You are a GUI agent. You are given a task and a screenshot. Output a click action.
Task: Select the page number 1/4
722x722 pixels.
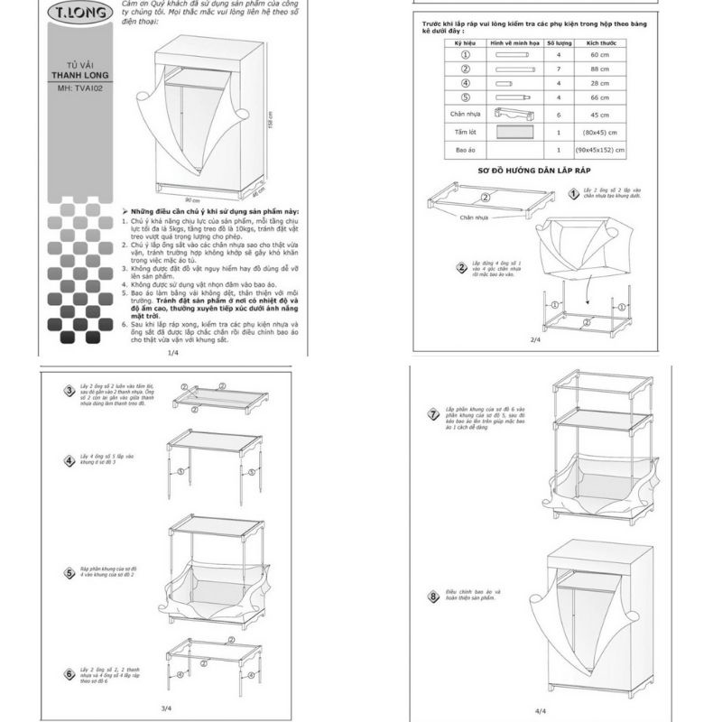[172, 355]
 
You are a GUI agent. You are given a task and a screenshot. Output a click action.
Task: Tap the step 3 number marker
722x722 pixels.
[69, 390]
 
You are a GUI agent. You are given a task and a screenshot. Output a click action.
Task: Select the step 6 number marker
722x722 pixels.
[69, 672]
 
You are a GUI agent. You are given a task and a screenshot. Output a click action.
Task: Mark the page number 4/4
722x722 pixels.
[541, 711]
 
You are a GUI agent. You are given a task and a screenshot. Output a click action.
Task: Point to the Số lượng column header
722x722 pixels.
[560, 42]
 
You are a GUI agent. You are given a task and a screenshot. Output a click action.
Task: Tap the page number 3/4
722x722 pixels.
[166, 708]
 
